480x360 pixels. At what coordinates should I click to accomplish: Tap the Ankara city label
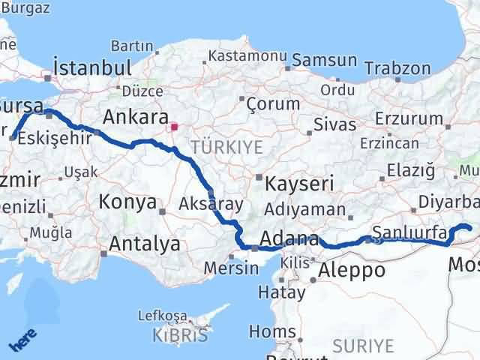point(135,117)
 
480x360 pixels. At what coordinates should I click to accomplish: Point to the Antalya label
point(145,244)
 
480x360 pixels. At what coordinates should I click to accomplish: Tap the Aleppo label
point(352,270)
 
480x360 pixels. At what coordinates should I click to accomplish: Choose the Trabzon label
point(397,68)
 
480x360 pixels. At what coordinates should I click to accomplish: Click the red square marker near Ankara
point(174,127)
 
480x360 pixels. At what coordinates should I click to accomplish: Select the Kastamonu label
point(247,55)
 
